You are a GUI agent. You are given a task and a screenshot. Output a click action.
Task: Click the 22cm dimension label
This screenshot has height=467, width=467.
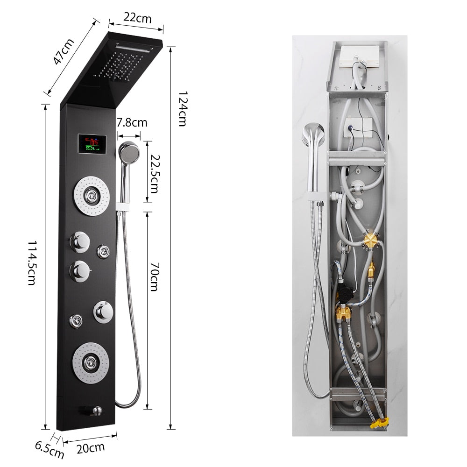point(137,18)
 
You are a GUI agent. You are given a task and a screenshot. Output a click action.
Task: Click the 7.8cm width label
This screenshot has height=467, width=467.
point(132,123)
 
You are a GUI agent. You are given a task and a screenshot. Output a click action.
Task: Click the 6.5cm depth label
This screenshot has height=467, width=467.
point(49,452)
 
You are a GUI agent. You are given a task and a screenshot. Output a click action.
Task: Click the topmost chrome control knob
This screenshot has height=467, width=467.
point(79,241)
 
